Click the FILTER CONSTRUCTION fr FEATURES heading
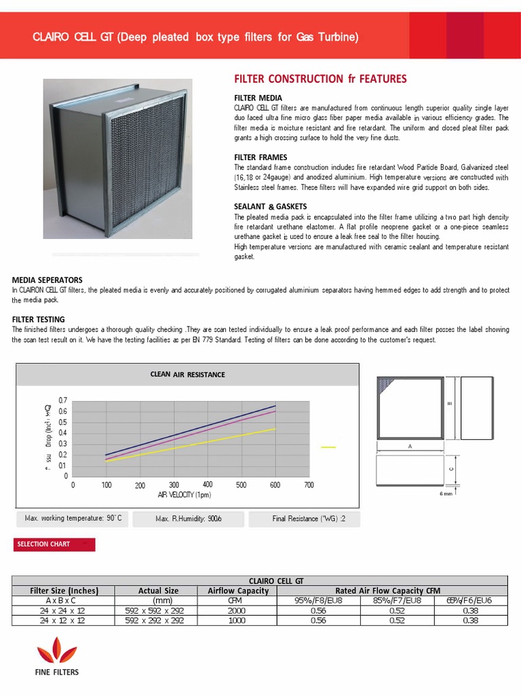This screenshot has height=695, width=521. click(x=320, y=79)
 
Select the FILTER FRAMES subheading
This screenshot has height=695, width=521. click(x=260, y=157)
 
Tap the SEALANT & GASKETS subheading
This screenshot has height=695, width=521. click(x=270, y=206)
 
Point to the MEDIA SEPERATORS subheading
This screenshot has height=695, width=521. click(x=47, y=280)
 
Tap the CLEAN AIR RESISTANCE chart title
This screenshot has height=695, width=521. click(x=187, y=374)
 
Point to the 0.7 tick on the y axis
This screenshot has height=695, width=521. click(x=63, y=400)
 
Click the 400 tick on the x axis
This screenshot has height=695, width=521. click(x=208, y=485)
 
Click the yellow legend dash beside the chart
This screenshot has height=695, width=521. click(x=328, y=447)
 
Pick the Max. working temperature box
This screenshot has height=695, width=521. click(x=73, y=519)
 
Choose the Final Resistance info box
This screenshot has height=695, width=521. click(x=305, y=519)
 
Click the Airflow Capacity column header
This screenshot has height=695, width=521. click(x=238, y=590)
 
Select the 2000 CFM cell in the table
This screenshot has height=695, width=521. click(x=237, y=610)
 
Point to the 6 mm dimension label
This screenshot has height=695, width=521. click(x=446, y=494)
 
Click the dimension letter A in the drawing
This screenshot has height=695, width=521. click(x=409, y=447)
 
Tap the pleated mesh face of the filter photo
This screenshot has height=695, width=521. click(x=148, y=163)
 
